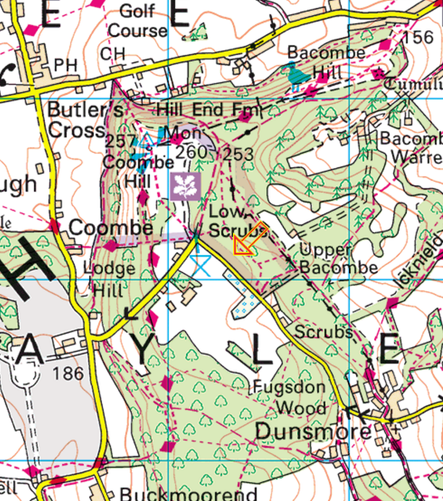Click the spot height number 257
tap(119, 140)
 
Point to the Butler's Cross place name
tap(78, 120)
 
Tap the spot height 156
tap(418, 38)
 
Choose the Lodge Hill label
tap(109, 277)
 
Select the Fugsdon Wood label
tap(290, 398)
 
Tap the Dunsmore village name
tap(313, 432)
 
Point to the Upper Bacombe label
tap(337, 258)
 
